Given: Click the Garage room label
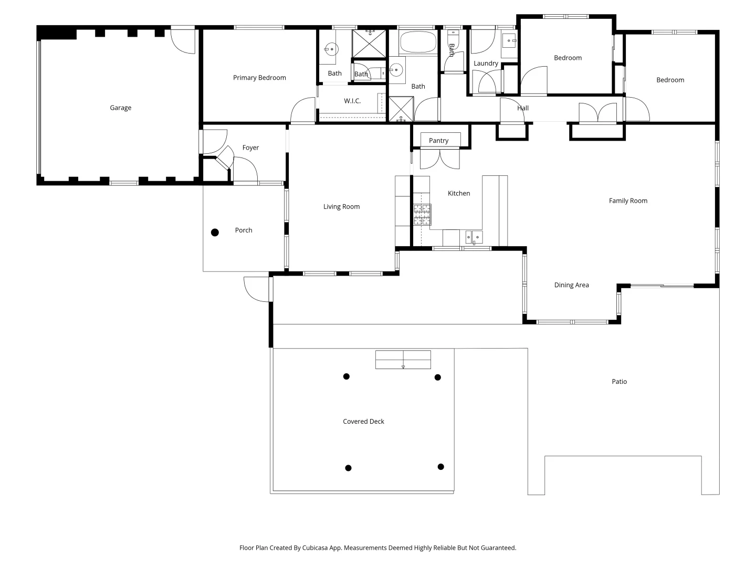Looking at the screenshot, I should coord(120,108).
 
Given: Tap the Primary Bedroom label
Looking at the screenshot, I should coord(259,78).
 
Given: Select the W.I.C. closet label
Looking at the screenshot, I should coord(352,101).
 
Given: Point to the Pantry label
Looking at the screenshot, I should coord(438,140).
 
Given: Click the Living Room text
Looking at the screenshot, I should coord(341,206).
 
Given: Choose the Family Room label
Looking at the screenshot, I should coord(628,201).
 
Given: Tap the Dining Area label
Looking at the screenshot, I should coord(571,285).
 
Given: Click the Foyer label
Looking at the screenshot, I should coord(250,148).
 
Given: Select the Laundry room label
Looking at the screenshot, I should coord(486,63).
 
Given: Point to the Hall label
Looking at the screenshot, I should coord(523,108).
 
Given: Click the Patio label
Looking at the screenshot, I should coord(619,382).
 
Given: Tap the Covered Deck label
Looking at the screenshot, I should coord(363,422).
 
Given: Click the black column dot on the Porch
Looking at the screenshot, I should coord(215,233).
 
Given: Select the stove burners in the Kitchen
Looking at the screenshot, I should coord(422,215).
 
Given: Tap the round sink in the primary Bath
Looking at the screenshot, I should coord(331,50).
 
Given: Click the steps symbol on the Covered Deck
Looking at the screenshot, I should coord(403,360).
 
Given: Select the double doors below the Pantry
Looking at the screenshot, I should coord(440,159).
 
